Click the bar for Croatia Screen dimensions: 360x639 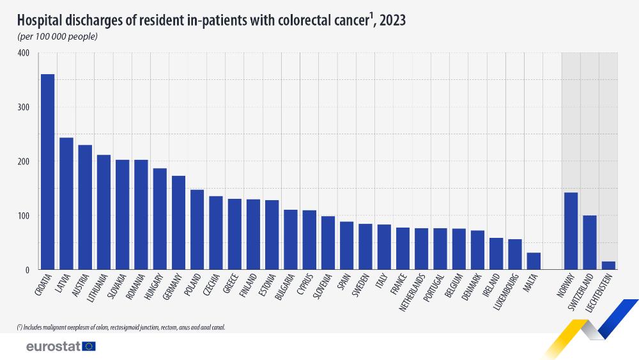[x=47, y=172]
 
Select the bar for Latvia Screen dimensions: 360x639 [x=66, y=204]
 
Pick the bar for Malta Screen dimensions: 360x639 [x=534, y=262]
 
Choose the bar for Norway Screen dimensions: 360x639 [x=571, y=231]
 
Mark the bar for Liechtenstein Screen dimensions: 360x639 [x=608, y=265]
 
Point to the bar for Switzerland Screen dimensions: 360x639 [x=590, y=243]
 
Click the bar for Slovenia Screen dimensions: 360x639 [x=328, y=243]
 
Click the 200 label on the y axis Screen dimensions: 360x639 [x=24, y=162]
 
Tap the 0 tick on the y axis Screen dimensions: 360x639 [x=27, y=270]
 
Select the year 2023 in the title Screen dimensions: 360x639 [x=392, y=21]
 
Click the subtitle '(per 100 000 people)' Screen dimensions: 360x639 [x=58, y=36]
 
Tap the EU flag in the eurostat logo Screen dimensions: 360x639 [x=88, y=346]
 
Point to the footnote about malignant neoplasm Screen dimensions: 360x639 [x=121, y=327]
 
